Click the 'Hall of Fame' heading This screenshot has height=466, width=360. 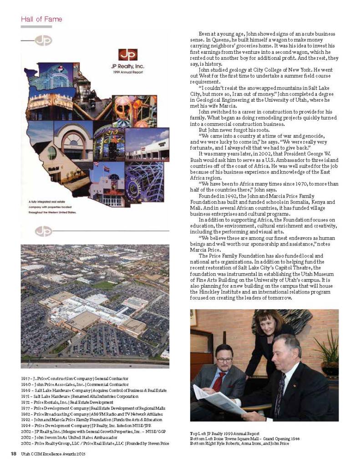click(41, 19)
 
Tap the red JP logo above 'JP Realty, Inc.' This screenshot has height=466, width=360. click(127, 55)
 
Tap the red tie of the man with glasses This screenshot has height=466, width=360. click(219, 381)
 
